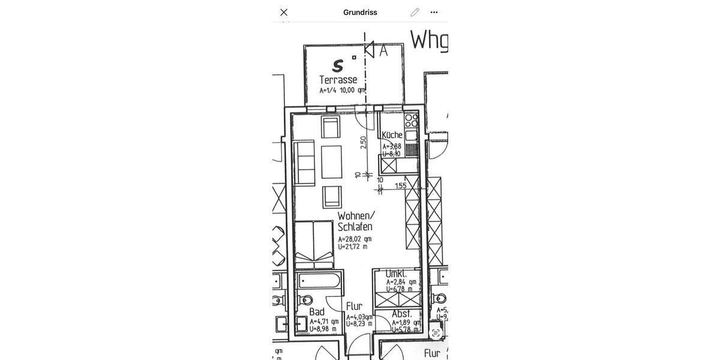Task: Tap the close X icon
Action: (284, 12)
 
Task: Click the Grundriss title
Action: (360, 12)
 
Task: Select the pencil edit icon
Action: (415, 12)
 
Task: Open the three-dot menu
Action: (434, 12)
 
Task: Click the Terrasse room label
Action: (338, 80)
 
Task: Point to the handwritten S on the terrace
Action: (338, 65)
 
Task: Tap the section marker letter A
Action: (383, 51)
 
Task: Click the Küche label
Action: (392, 135)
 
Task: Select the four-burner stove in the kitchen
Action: (411, 120)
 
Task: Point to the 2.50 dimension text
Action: (364, 142)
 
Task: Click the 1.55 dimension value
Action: (400, 186)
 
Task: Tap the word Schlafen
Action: (355, 227)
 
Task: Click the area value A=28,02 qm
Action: (354, 239)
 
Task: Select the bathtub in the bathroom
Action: (319, 280)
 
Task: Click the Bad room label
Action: (317, 311)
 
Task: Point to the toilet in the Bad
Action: (305, 299)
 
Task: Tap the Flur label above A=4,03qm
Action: (354, 306)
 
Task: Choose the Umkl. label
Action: (396, 274)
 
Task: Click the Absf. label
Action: (401, 314)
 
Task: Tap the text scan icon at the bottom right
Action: (436, 333)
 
